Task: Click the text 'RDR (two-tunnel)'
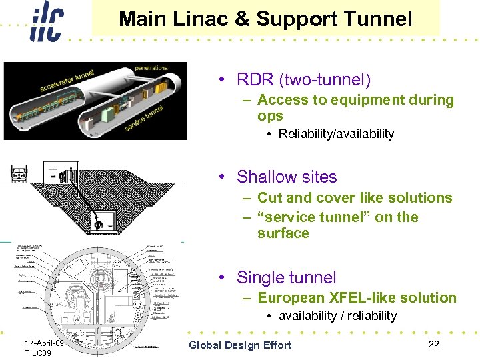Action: click(x=303, y=80)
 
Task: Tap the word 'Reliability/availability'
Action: click(x=336, y=134)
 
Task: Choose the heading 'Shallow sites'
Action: click(x=287, y=177)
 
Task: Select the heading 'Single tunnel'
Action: click(x=287, y=277)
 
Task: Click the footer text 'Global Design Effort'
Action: click(x=240, y=345)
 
